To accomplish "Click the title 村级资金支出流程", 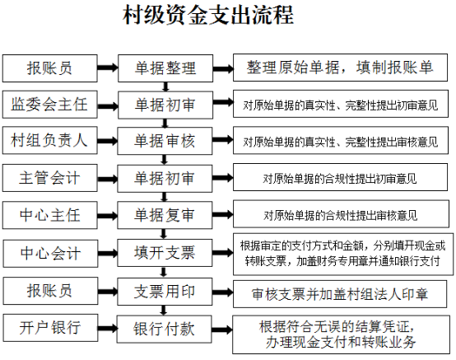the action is [208, 15].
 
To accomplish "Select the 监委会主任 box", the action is [49, 105].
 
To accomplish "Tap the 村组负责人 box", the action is [49, 140].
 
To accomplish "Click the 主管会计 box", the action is [49, 178].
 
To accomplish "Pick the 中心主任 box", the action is [49, 215].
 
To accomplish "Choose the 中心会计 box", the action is [50, 253].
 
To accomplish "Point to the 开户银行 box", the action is [50, 328].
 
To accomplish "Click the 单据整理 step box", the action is [165, 68].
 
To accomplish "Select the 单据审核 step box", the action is [165, 141].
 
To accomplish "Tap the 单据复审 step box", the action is [165, 215].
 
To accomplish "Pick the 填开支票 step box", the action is [165, 253].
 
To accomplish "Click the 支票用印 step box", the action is [165, 292].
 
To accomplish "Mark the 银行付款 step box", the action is [165, 330].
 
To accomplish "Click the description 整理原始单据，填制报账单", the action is [340, 68].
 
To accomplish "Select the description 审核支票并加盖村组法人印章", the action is [340, 294].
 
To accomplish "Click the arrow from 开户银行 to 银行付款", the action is [108, 329].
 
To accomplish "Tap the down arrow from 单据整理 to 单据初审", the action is [165, 86].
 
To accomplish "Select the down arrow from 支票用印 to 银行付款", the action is [164, 311].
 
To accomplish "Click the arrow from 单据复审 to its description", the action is [222, 215].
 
